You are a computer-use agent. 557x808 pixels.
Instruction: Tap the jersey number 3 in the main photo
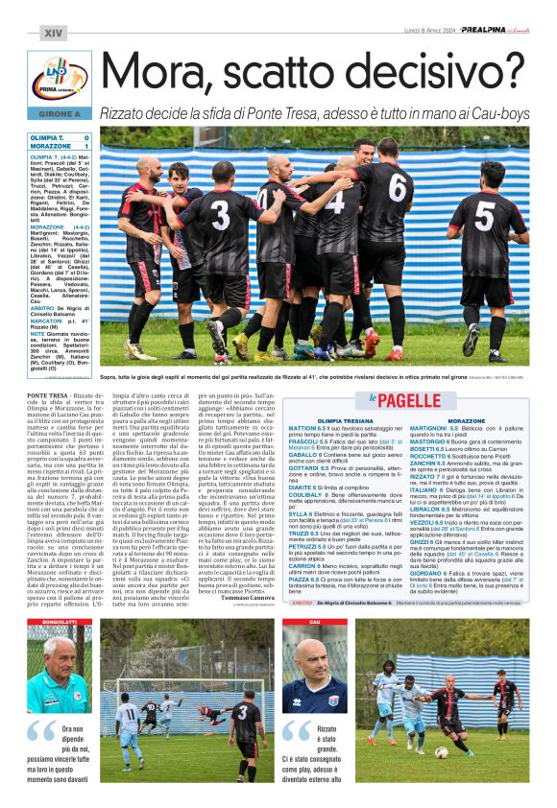222,212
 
